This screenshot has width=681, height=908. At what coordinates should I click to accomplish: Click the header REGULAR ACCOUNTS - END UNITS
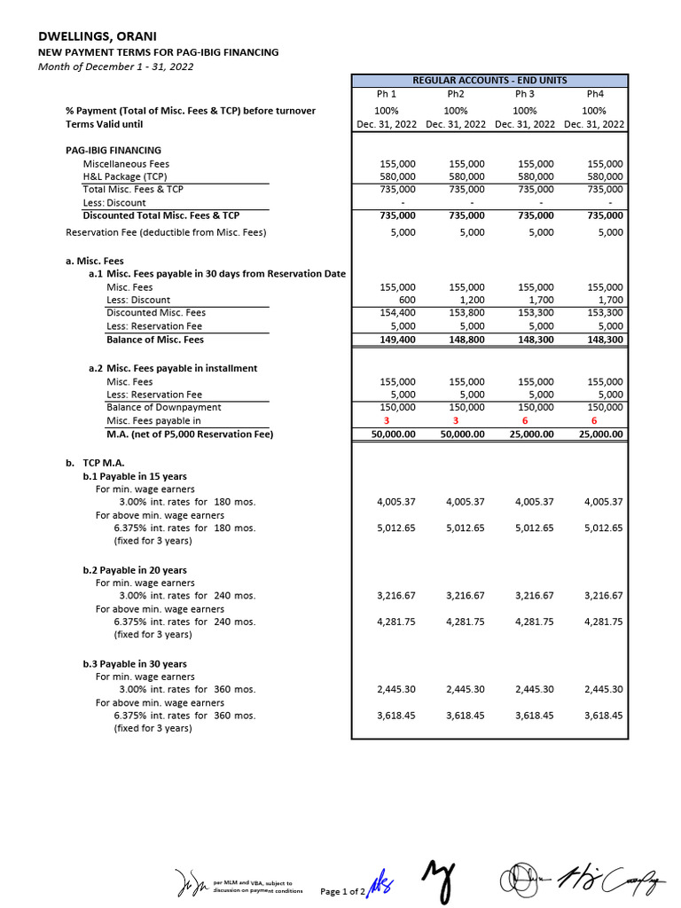click(489, 80)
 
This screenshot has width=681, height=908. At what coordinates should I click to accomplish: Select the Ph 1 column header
click(387, 94)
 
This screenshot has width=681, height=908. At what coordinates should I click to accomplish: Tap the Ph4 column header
click(594, 94)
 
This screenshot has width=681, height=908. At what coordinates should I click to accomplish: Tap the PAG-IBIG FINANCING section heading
click(113, 150)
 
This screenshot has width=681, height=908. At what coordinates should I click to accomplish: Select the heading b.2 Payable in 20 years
click(135, 570)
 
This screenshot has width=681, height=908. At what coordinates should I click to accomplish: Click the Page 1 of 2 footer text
click(342, 891)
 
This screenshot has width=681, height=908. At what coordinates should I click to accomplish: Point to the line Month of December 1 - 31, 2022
click(115, 66)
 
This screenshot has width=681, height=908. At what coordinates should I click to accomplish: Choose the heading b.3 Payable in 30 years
click(135, 663)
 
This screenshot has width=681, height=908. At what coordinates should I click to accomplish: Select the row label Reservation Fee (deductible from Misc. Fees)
click(166, 232)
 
